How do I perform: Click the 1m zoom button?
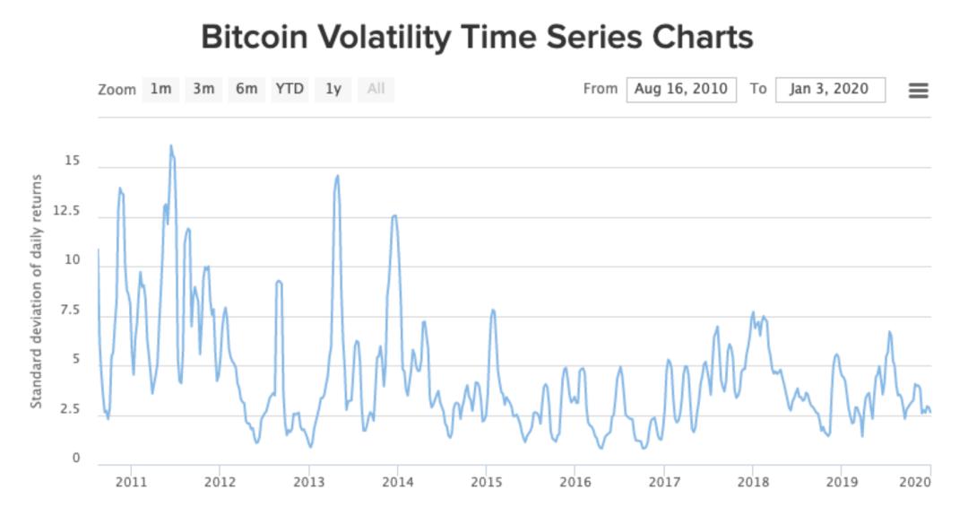coord(160,90)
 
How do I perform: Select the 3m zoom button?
coord(203,90)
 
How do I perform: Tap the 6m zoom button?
coord(246,90)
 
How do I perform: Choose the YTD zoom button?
coord(290,90)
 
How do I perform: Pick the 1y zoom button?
coord(333,90)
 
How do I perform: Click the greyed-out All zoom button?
coord(376,90)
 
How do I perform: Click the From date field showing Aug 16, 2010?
coord(681,90)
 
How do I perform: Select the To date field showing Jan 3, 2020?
coord(830,90)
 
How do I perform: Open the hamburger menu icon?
coord(918,91)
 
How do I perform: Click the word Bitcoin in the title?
coord(255,37)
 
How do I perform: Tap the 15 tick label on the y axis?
coord(73,161)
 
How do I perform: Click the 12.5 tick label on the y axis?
coord(66,211)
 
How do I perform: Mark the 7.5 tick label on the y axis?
coord(69,310)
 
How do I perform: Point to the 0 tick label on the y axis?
coord(76,458)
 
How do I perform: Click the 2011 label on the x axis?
coord(132,482)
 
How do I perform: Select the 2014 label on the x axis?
coord(398,482)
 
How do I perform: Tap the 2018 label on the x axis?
coord(753,482)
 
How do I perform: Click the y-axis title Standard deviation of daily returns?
coord(37,291)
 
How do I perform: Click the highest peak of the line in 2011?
coord(171,146)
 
